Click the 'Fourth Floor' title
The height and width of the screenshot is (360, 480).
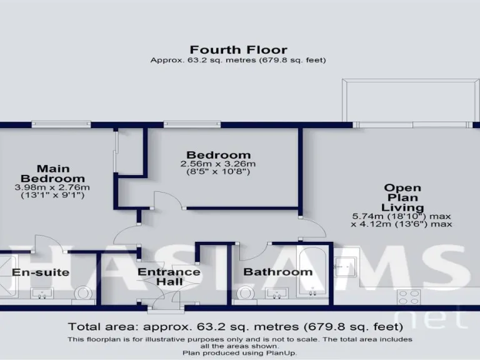click(x=238, y=49)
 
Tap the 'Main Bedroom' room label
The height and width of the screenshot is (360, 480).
click(x=52, y=173)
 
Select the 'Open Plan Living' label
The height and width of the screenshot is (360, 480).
click(x=402, y=197)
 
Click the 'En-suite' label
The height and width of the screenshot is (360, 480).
click(x=41, y=272)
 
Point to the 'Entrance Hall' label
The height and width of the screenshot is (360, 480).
click(x=169, y=277)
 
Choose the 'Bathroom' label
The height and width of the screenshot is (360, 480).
click(x=277, y=272)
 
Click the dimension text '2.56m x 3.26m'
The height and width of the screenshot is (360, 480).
click(x=219, y=164)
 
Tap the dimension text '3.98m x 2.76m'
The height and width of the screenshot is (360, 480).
click(x=52, y=187)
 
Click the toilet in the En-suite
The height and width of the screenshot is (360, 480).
click(x=82, y=292)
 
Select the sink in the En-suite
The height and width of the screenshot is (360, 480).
click(x=42, y=293)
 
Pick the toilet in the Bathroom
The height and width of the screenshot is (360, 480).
click(x=245, y=293)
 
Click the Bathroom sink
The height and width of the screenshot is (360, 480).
click(x=274, y=292)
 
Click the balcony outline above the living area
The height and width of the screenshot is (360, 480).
click(x=409, y=100)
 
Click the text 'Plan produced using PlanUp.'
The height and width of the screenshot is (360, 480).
click(x=240, y=353)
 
